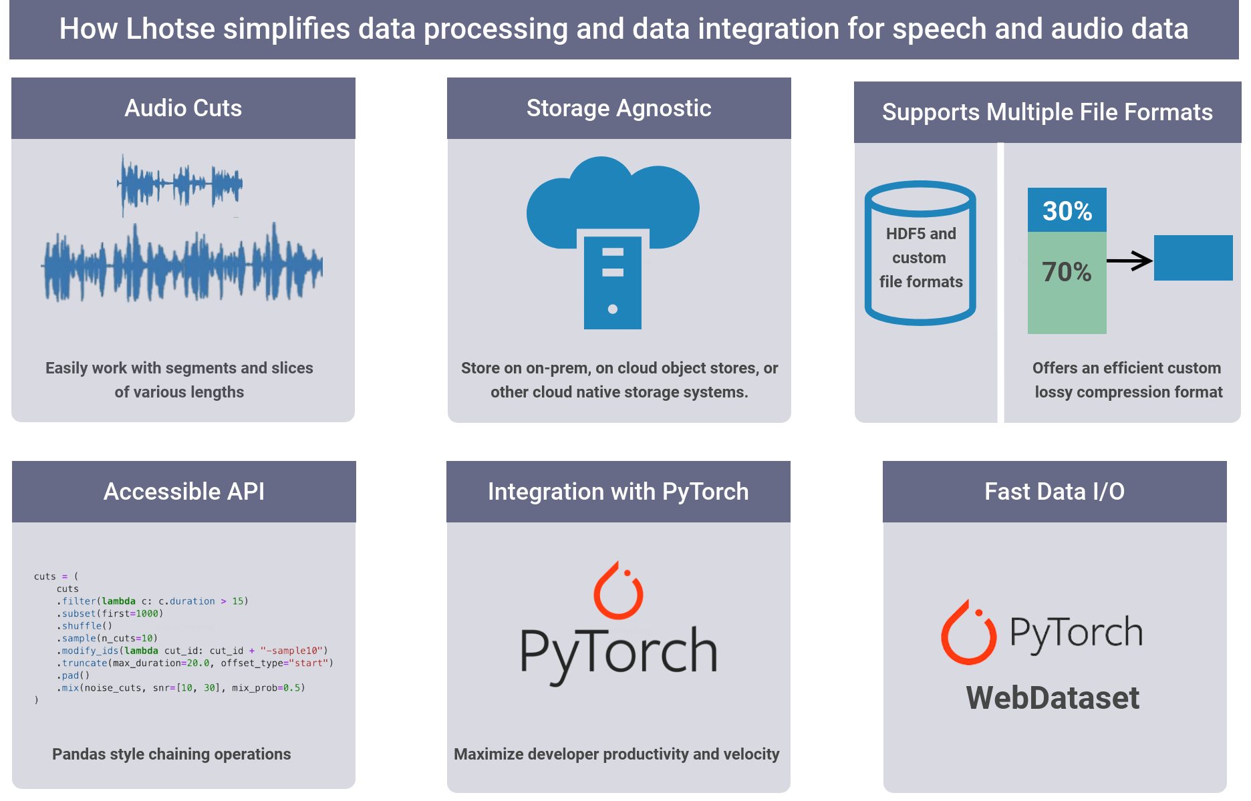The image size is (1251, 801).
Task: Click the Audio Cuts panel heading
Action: pyautogui.click(x=183, y=108)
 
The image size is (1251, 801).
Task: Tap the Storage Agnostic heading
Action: pyautogui.click(x=619, y=108)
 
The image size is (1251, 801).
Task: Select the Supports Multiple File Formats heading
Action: pyautogui.click(x=1047, y=112)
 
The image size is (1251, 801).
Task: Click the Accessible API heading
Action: pyautogui.click(x=184, y=492)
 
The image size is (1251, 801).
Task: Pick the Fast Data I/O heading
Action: pyautogui.click(x=1055, y=492)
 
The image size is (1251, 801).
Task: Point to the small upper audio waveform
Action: pyautogui.click(x=180, y=183)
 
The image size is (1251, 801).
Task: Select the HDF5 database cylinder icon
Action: pyautogui.click(x=920, y=254)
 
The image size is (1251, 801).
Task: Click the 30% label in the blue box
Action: pyautogui.click(x=1067, y=211)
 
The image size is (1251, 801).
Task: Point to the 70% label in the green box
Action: pyautogui.click(x=1067, y=273)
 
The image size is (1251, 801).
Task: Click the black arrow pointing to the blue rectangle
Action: pyautogui.click(x=1129, y=261)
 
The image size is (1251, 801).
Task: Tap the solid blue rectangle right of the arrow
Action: pyautogui.click(x=1193, y=258)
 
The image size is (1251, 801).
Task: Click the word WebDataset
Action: pyautogui.click(x=1053, y=698)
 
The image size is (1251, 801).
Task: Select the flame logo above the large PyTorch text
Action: pyautogui.click(x=618, y=591)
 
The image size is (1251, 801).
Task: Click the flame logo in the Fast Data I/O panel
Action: pyautogui.click(x=968, y=633)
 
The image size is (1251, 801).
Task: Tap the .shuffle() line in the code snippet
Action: pyautogui.click(x=85, y=626)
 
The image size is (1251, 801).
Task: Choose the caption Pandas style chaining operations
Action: pyautogui.click(x=171, y=754)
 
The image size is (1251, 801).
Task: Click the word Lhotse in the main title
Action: pyautogui.click(x=170, y=29)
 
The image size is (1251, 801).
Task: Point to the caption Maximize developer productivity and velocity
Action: pyautogui.click(x=616, y=754)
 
